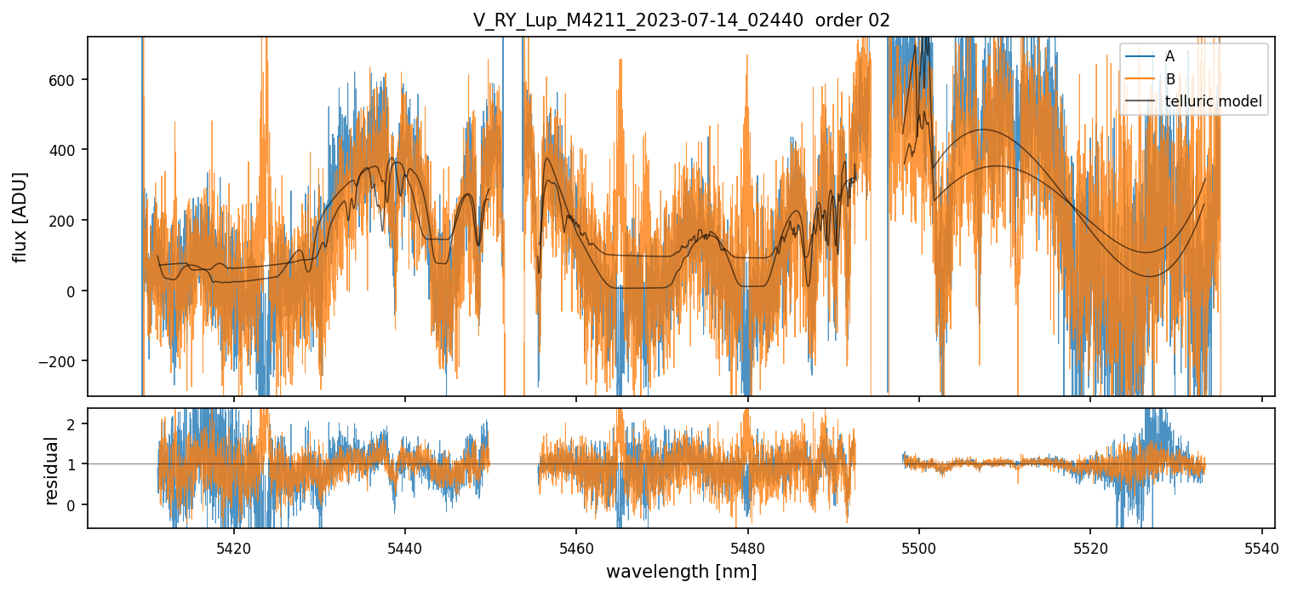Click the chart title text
pyautogui.click(x=681, y=20)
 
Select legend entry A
pyautogui.click(x=1169, y=56)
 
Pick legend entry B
pyautogui.click(x=1169, y=79)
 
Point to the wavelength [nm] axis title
pyautogui.click(x=681, y=571)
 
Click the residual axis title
pyautogui.click(x=52, y=470)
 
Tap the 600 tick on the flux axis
pyautogui.click(x=68, y=80)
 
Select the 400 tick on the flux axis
pyautogui.click(x=68, y=150)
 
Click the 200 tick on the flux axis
pyautogui.click(x=68, y=221)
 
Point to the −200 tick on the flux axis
pyautogui.click(x=64, y=361)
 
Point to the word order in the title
pyautogui.click(x=839, y=20)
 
